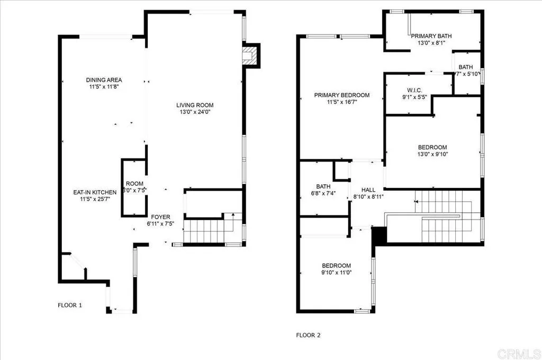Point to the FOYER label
click(161, 217)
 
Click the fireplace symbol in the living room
click(249, 56)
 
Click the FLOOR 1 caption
click(70, 305)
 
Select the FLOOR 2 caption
click(308, 335)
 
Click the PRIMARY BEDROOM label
click(341, 95)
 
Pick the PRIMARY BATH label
click(431, 36)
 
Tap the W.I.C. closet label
click(414, 89)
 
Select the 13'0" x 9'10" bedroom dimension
click(432, 155)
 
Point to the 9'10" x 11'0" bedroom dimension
click(337, 272)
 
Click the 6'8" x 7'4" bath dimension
click(323, 194)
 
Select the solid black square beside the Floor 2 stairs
click(378, 235)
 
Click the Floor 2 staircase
click(447, 217)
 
